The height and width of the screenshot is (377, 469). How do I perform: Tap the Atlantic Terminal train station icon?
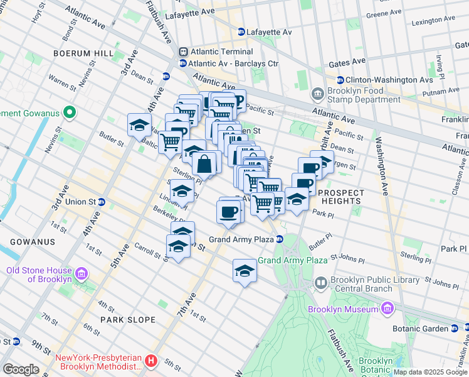[x=183, y=52]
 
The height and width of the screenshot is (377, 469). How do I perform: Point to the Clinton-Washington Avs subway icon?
[x=340, y=80]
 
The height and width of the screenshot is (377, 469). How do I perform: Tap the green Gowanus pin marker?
[x=70, y=113]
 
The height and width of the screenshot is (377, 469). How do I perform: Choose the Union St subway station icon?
[x=101, y=202]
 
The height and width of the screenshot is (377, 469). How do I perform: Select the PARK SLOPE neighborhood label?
[x=128, y=320]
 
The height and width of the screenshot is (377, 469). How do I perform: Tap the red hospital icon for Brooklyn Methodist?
[x=150, y=361]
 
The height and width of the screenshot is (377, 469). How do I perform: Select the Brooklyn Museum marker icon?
[x=387, y=309]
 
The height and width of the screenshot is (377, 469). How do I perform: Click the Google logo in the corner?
[x=21, y=369]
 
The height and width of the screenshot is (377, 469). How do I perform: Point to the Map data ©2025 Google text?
[x=430, y=372]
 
